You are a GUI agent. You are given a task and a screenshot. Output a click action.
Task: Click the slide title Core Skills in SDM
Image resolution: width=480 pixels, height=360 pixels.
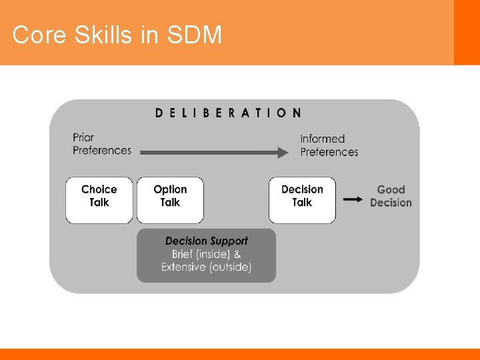pos(117,35)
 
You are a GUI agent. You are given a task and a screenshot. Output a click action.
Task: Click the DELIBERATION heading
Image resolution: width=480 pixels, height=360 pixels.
pos(228,113)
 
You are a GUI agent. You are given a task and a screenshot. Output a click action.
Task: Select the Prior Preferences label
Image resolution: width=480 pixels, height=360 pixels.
pos(101,144)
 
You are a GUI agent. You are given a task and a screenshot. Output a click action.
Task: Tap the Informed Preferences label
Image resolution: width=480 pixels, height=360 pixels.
pos(329,145)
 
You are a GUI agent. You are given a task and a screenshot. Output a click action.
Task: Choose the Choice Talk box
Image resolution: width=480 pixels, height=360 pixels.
pos(99,199)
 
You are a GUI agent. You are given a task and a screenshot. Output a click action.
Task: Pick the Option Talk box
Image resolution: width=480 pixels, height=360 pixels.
pos(170,199)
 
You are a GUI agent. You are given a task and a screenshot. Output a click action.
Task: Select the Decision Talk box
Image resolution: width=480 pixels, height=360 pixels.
pos(302,199)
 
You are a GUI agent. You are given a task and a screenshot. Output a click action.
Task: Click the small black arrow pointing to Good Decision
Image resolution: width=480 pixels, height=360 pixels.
pos(353,198)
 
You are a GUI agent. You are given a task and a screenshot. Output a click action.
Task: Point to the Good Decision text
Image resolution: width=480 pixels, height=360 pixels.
pos(391,196)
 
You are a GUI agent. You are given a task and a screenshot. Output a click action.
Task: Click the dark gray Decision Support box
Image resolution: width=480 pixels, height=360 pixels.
pos(206,255)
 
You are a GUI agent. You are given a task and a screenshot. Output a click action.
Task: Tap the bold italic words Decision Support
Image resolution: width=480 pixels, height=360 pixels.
pos(206,241)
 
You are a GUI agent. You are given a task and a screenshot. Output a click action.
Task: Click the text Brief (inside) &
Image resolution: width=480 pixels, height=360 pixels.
pos(206,254)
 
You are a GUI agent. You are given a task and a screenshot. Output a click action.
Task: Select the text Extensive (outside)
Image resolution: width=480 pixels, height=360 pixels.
pos(206,267)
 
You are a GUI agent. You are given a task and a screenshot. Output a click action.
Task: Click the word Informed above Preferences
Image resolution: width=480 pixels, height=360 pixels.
pos(322,139)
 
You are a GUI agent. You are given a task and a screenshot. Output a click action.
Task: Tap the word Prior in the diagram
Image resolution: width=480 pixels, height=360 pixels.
pos(83,138)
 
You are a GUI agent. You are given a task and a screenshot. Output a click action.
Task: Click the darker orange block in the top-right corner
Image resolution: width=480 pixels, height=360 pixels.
pos(467,32)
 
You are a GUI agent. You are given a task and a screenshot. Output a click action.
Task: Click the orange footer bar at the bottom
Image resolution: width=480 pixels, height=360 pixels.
pos(240,354)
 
